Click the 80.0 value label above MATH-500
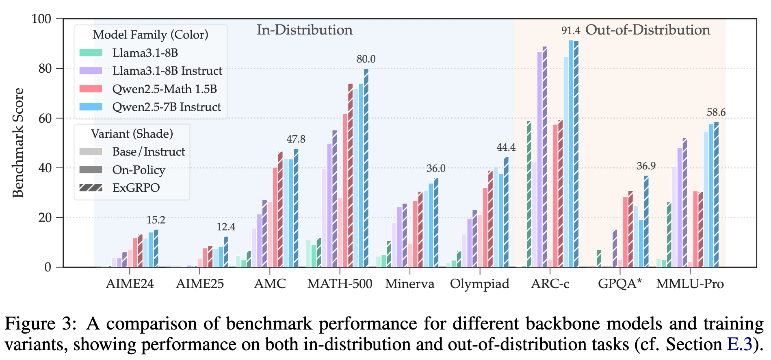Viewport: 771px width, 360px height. (x=366, y=59)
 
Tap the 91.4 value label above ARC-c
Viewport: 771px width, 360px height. (x=571, y=30)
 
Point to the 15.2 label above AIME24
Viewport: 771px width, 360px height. (x=156, y=220)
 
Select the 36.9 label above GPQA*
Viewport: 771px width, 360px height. (x=646, y=166)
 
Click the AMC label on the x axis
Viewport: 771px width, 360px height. (x=270, y=284)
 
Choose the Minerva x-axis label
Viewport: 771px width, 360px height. (x=409, y=284)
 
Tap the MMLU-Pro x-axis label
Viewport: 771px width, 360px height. (x=690, y=284)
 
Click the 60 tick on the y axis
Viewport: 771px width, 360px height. (x=44, y=118)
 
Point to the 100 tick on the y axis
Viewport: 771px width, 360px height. (x=41, y=19)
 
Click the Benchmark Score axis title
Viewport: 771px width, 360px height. (x=18, y=143)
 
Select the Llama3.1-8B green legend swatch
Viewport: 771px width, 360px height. (x=91, y=53)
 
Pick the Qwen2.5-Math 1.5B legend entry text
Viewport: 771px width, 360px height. (x=165, y=89)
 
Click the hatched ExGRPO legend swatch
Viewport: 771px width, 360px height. (x=91, y=188)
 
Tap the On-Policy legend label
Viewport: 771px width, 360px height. (x=139, y=170)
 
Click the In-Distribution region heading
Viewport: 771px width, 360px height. (x=304, y=30)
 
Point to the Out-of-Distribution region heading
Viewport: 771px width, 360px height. (x=648, y=30)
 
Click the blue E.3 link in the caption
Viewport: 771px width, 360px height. (x=739, y=345)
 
